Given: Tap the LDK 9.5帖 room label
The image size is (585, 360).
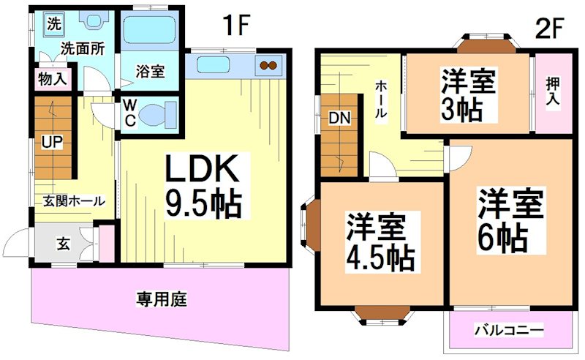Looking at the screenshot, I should click(202, 187).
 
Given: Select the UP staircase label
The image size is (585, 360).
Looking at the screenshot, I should click(50, 143).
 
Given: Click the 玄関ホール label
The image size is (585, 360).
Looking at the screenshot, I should click(73, 201).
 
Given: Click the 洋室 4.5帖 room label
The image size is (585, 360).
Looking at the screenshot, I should click(380, 241).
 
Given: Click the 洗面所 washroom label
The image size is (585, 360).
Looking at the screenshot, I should click(82, 50).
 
